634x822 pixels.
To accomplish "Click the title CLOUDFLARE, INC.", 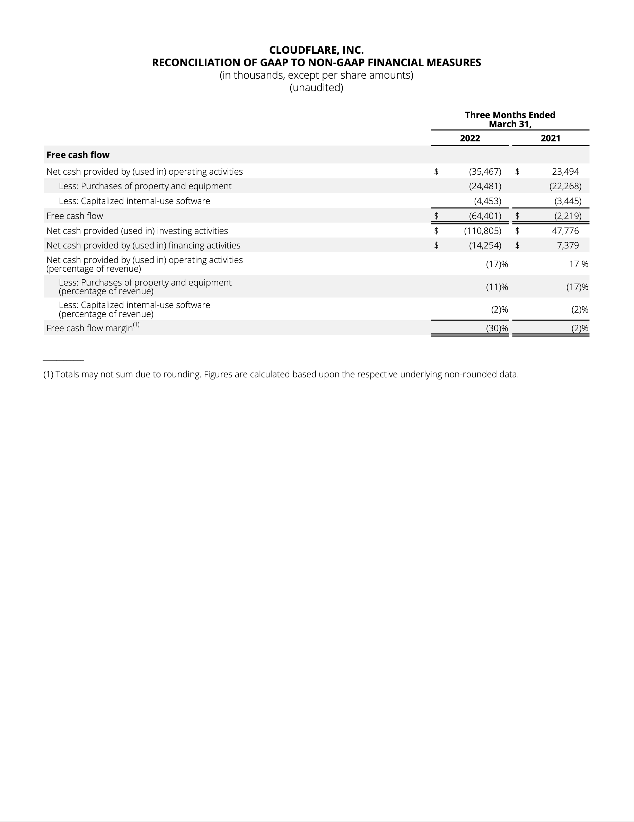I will [x=316, y=50].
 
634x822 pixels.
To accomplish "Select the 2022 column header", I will [x=470, y=139].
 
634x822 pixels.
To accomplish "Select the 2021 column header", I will [x=551, y=139].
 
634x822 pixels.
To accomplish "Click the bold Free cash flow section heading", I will [x=78, y=155].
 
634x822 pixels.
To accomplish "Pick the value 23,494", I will [x=565, y=172].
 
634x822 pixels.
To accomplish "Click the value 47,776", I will [x=565, y=231].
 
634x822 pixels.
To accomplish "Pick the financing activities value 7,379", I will [x=568, y=245].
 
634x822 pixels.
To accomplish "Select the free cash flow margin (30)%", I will [x=497, y=328].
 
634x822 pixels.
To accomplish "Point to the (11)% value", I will [x=497, y=287].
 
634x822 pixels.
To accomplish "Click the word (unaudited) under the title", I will [x=316, y=88].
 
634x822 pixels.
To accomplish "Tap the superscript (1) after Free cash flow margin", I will [x=136, y=325].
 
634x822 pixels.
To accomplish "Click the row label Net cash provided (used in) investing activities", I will [x=137, y=231].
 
